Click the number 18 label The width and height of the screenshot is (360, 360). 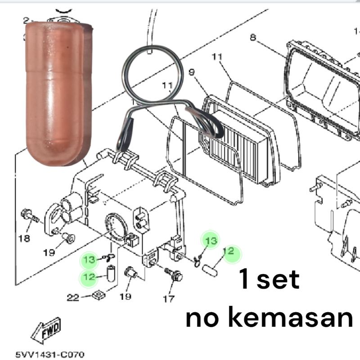(x=24, y=238)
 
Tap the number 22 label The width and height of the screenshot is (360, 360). (x=73, y=297)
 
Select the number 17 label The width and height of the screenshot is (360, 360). (x=168, y=298)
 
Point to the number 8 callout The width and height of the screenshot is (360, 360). (x=253, y=37)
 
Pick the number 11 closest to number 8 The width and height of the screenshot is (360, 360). (x=217, y=57)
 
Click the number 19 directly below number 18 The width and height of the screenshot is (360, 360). (x=49, y=252)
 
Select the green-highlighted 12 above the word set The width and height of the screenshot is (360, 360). (x=229, y=251)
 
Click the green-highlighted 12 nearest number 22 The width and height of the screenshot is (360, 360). (x=89, y=276)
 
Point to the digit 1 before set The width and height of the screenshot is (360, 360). (x=244, y=280)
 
